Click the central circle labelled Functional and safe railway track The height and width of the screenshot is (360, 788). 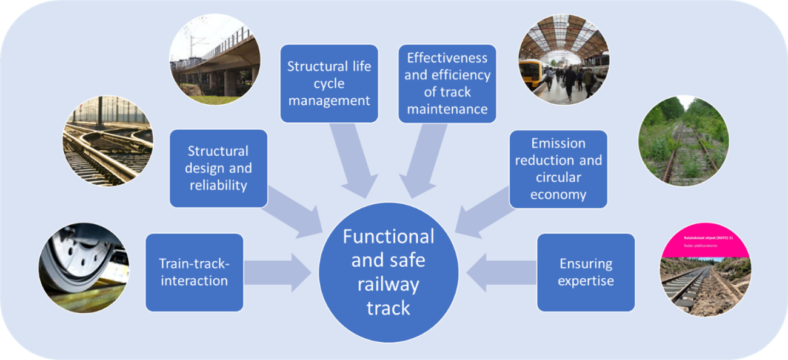pos(388,273)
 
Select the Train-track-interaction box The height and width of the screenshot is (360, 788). pos(194,272)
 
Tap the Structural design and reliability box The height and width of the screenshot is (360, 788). pos(218,168)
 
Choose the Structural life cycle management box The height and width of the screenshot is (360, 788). pos(329,83)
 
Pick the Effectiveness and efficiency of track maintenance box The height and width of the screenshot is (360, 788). pos(447,83)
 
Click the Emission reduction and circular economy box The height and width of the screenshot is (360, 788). pos(558,168)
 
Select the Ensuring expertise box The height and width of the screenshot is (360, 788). pos(586,272)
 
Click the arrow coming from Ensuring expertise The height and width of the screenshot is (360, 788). pos(503,272)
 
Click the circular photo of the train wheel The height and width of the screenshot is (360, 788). pos(84,267)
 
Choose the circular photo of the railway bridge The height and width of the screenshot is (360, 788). pos(215,59)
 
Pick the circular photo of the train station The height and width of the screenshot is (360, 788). pos(563,59)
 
